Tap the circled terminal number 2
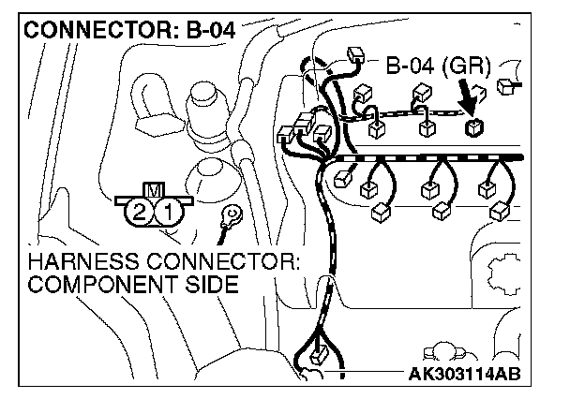tap(140, 212)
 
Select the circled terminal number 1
tap(168, 212)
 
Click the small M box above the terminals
tap(154, 190)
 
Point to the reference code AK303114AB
tap(465, 376)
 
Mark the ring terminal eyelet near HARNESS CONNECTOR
tap(226, 219)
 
